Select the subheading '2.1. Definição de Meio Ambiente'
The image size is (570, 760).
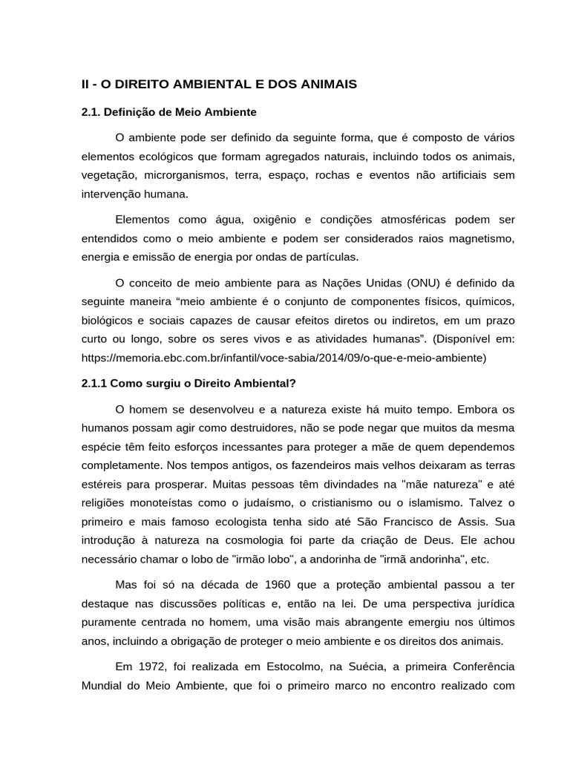(168, 112)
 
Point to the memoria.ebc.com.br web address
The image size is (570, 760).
(284, 358)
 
